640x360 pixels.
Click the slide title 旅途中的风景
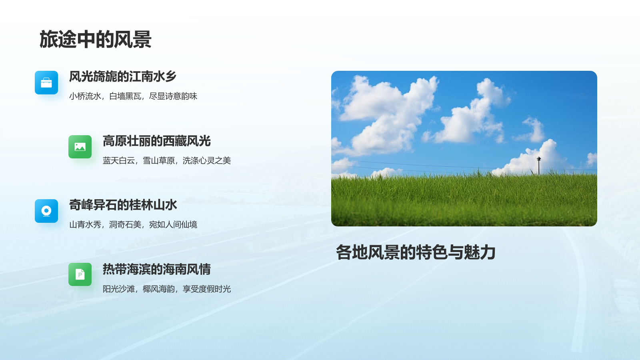[x=95, y=39]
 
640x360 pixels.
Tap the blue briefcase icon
[x=46, y=82]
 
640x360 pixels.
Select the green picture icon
[x=80, y=147]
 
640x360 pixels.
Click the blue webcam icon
[x=46, y=211]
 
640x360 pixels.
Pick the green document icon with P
[x=80, y=274]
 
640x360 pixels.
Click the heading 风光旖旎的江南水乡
[x=123, y=76]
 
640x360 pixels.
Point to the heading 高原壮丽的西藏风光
[x=156, y=141]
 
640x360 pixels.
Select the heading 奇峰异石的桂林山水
[x=123, y=205]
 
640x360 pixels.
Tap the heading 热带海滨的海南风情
[x=156, y=269]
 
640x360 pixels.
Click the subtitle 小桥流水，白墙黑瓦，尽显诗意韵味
[x=133, y=96]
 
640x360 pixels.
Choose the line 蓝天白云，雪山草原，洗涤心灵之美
[x=167, y=160]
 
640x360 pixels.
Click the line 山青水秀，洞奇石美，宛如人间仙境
[x=133, y=224]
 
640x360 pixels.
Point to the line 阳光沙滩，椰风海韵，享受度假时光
[x=167, y=289]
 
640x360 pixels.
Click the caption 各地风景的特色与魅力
[x=416, y=252]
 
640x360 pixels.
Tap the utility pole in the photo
[x=539, y=166]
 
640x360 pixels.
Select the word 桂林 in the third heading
[x=141, y=205]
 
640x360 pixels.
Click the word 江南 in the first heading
[x=141, y=76]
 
